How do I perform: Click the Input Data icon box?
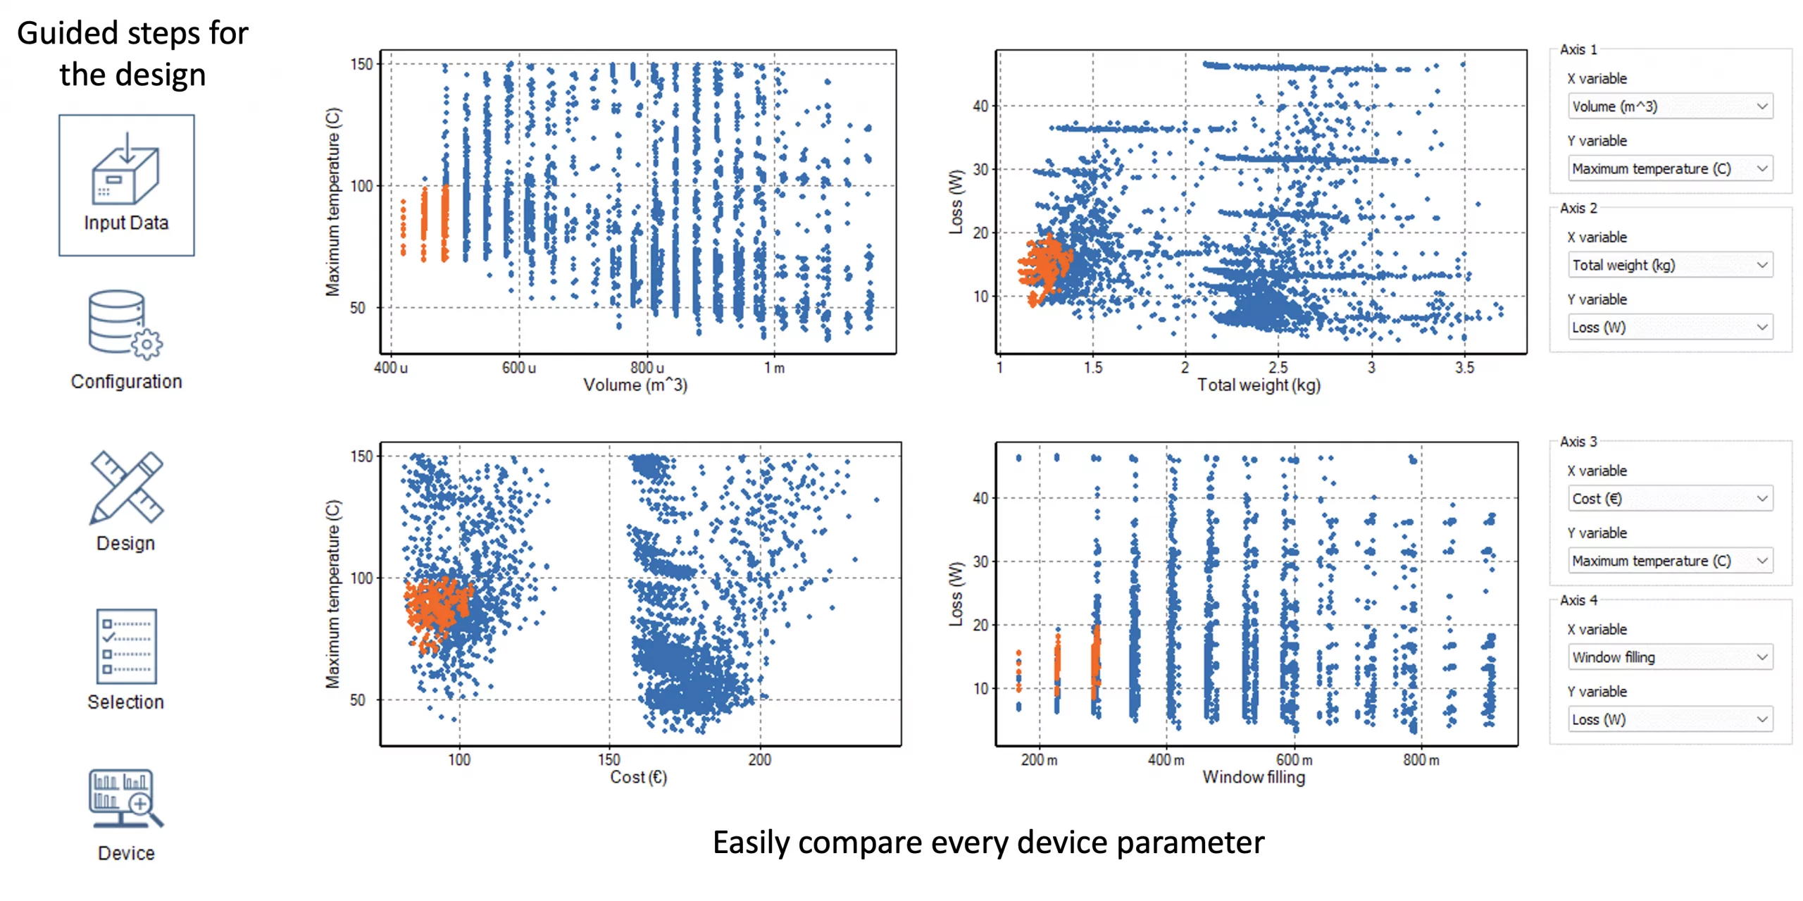pyautogui.click(x=126, y=185)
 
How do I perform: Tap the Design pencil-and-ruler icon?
pyautogui.click(x=126, y=487)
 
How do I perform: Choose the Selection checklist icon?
pyautogui.click(x=126, y=646)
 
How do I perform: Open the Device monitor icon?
pyautogui.click(x=125, y=798)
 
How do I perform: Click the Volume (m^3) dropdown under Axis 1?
pyautogui.click(x=1669, y=106)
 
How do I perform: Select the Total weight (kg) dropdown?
pyautogui.click(x=1669, y=265)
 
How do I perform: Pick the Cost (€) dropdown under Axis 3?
pyautogui.click(x=1669, y=499)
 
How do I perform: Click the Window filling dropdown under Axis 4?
pyautogui.click(x=1669, y=657)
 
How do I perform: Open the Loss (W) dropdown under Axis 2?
pyautogui.click(x=1669, y=327)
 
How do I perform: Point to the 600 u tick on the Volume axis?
pyautogui.click(x=518, y=368)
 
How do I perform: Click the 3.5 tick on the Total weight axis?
pyautogui.click(x=1464, y=368)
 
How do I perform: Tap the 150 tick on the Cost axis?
pyautogui.click(x=609, y=759)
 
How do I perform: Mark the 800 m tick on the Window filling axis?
pyautogui.click(x=1421, y=760)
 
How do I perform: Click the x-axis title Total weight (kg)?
pyautogui.click(x=1259, y=385)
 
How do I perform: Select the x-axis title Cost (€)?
pyautogui.click(x=638, y=777)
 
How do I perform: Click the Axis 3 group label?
pyautogui.click(x=1578, y=442)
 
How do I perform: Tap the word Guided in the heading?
pyautogui.click(x=68, y=33)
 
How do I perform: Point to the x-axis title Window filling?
pyautogui.click(x=1253, y=777)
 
